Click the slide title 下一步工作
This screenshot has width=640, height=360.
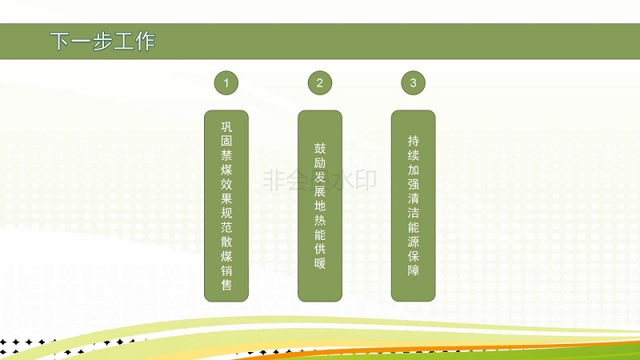pyautogui.click(x=102, y=42)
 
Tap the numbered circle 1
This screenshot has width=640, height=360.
pyautogui.click(x=226, y=83)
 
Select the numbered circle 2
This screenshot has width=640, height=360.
pyautogui.click(x=319, y=83)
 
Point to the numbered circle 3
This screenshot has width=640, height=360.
pyautogui.click(x=413, y=83)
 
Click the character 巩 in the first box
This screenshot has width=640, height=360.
pyautogui.click(x=226, y=126)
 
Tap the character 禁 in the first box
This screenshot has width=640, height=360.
pyautogui.click(x=226, y=155)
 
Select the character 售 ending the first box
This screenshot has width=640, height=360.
pyautogui.click(x=226, y=285)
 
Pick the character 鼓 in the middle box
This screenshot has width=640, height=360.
pyautogui.click(x=320, y=148)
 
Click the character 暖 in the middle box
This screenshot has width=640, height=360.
pyautogui.click(x=320, y=263)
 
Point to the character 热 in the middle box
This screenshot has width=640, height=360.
pyautogui.click(x=320, y=220)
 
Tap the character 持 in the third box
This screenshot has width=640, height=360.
pyautogui.click(x=414, y=141)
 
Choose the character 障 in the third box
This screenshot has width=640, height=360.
pyautogui.click(x=414, y=270)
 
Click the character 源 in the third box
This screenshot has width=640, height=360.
pyautogui.click(x=414, y=242)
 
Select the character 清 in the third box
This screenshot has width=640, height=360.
pyautogui.click(x=414, y=198)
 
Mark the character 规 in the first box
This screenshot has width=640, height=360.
pyautogui.click(x=226, y=213)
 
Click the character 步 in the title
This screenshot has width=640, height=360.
pyautogui.click(x=102, y=42)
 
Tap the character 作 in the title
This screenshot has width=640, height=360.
pyautogui.click(x=146, y=42)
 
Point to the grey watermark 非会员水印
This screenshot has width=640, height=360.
pyautogui.click(x=319, y=181)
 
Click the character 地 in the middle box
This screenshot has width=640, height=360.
pyautogui.click(x=320, y=206)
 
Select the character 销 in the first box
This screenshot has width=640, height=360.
pyautogui.click(x=226, y=270)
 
